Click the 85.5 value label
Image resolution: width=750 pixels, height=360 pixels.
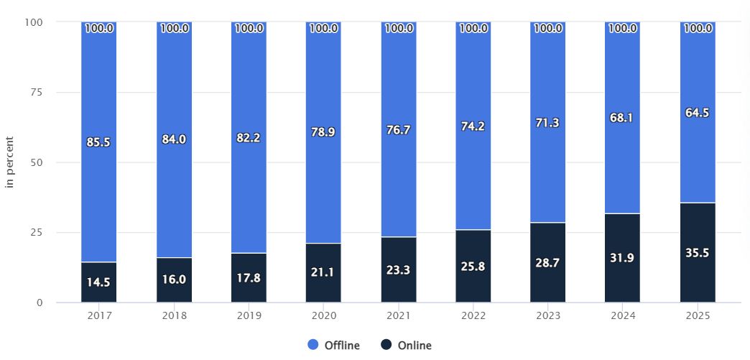[x=98, y=142]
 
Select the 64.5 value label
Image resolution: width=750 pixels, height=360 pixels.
[x=698, y=113]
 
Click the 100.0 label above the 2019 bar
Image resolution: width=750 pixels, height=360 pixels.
[x=249, y=29]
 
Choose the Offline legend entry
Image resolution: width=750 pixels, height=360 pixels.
[x=334, y=346]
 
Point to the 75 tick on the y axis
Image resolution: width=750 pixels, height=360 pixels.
[x=37, y=92]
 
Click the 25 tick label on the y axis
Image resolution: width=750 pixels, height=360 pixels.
[x=37, y=232]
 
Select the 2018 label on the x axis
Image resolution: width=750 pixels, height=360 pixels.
[x=174, y=314]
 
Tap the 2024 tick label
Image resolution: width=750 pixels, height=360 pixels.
[x=623, y=314]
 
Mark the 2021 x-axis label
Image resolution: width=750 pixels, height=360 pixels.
[x=398, y=314]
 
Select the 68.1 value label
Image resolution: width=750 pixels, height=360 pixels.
[x=623, y=118]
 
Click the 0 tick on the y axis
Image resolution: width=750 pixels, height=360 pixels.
[x=40, y=303]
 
